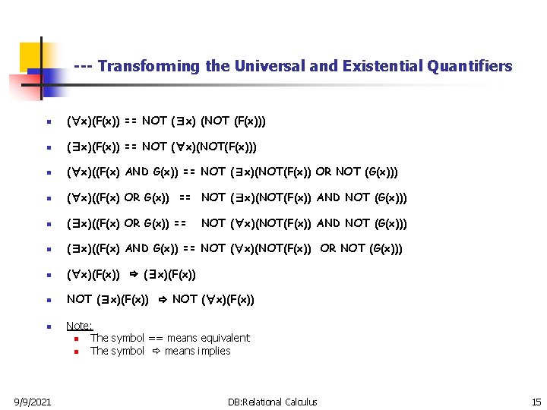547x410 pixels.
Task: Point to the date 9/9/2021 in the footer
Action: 32,402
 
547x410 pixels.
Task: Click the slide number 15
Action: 536,402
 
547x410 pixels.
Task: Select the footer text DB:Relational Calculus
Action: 273,402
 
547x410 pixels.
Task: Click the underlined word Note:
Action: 79,326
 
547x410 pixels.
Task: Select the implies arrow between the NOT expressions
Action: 162,300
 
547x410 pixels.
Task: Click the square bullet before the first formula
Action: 49,121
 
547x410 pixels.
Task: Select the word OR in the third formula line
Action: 324,172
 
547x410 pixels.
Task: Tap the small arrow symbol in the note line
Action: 157,351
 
